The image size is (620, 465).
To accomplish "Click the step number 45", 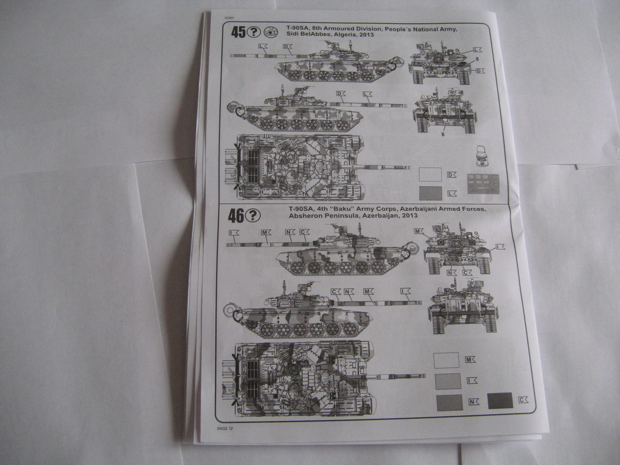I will pyautogui.click(x=238, y=33).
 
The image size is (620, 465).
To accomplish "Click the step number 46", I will pyautogui.click(x=235, y=216).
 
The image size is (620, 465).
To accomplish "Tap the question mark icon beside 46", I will pyautogui.click(x=253, y=216).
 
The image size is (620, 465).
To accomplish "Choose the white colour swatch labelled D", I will pyautogui.click(x=429, y=174).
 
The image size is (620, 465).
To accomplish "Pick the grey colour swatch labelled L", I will pyautogui.click(x=429, y=193).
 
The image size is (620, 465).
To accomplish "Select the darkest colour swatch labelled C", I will pyautogui.click(x=500, y=400).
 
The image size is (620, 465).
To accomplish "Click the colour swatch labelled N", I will pyautogui.click(x=449, y=402).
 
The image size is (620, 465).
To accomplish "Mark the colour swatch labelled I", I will pyautogui.click(x=446, y=381).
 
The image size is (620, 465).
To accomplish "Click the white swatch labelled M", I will pyautogui.click(x=446, y=360).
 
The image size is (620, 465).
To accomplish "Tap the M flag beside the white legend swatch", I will pyautogui.click(x=470, y=360).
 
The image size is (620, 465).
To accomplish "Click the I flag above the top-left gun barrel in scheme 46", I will pyautogui.click(x=233, y=232).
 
